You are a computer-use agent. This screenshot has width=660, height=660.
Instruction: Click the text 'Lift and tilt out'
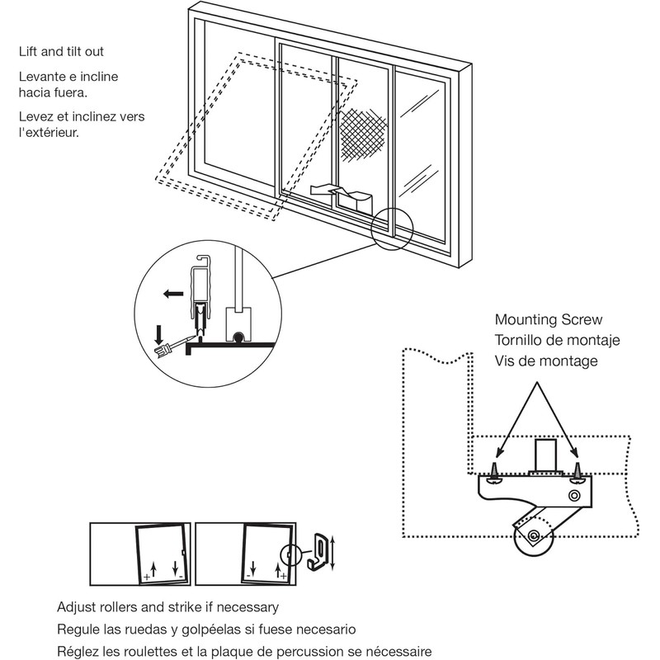pyautogui.click(x=73, y=52)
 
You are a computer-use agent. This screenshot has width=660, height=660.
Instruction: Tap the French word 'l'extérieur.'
pyautogui.click(x=49, y=132)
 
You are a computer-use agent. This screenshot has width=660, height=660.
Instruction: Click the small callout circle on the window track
pyautogui.click(x=391, y=228)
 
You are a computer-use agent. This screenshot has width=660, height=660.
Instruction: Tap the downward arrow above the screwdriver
pyautogui.click(x=158, y=333)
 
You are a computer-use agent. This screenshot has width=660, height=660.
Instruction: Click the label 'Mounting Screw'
pyautogui.click(x=549, y=320)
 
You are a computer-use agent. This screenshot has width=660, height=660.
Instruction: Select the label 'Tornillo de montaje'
pyautogui.click(x=558, y=340)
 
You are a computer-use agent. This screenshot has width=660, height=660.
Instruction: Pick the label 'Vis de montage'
pyautogui.click(x=545, y=361)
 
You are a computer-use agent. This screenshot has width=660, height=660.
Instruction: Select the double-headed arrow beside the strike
pyautogui.click(x=333, y=550)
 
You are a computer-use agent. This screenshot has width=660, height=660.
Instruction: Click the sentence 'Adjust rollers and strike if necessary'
pyautogui.click(x=167, y=607)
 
